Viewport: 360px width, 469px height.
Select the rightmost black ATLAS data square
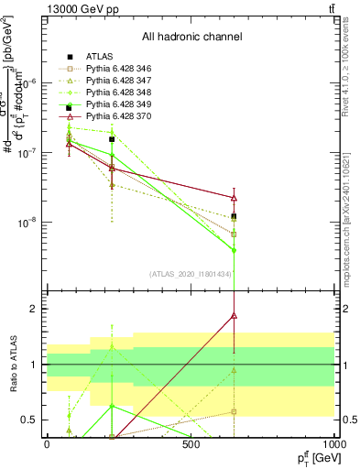235,216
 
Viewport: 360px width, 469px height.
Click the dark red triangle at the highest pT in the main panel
235,197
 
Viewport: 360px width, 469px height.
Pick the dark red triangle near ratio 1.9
235,315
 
